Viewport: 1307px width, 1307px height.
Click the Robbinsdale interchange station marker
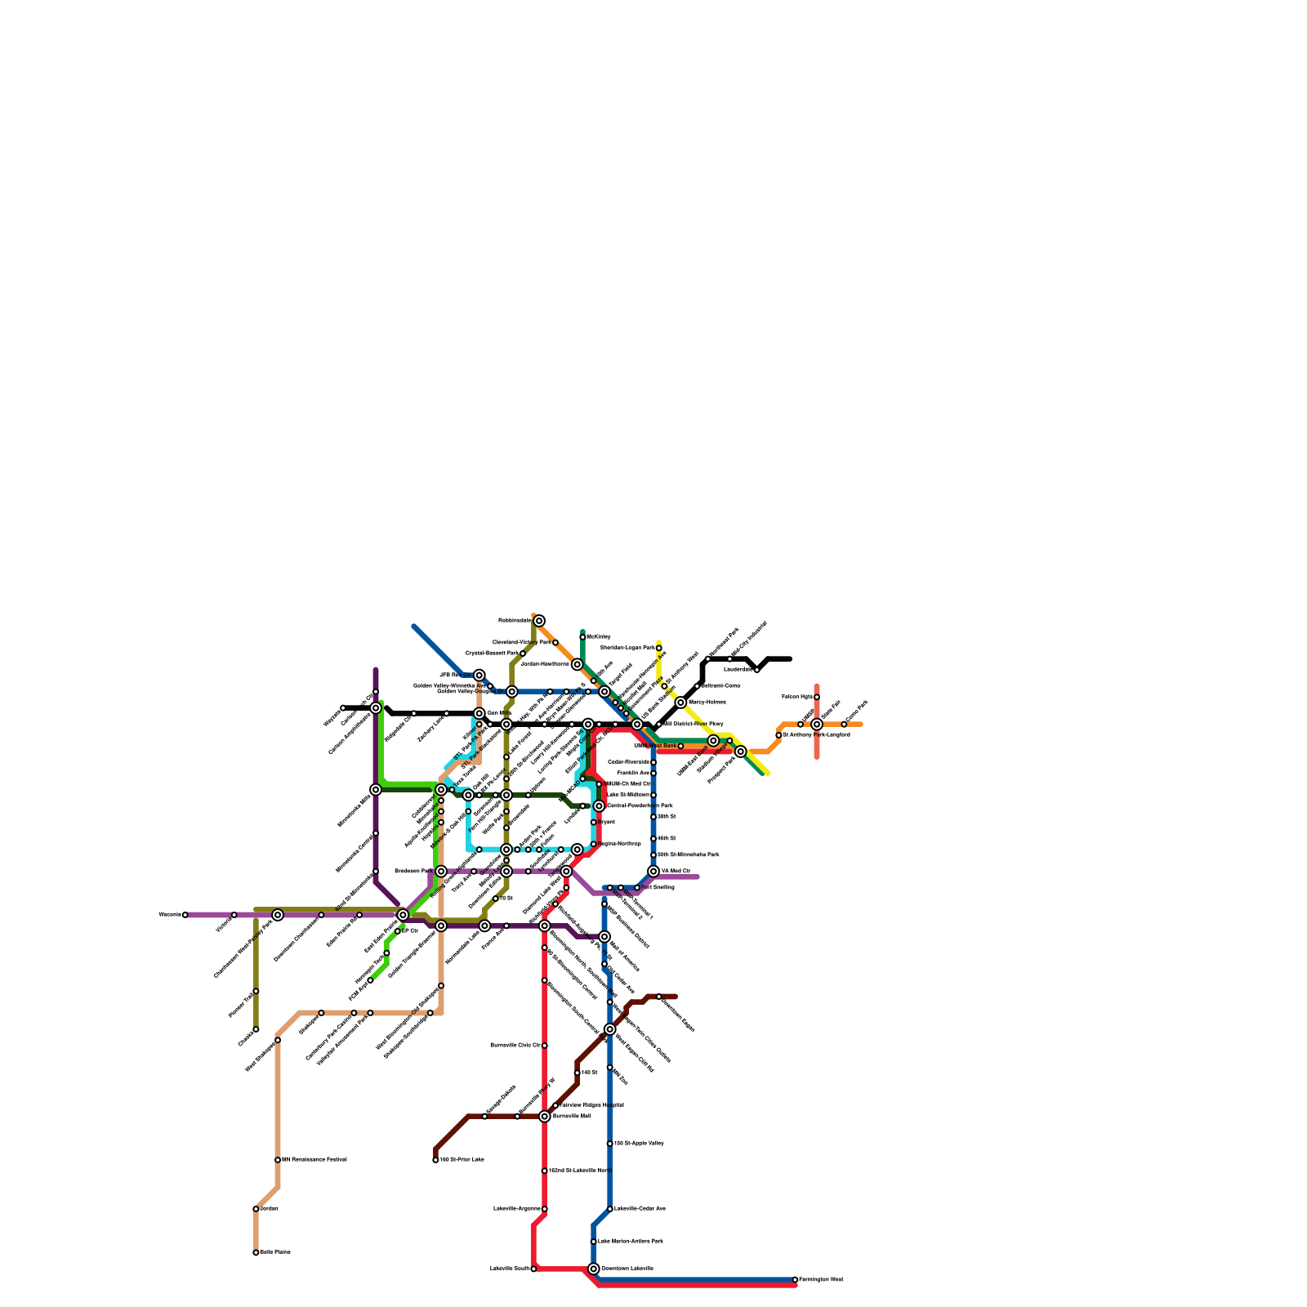[x=539, y=621]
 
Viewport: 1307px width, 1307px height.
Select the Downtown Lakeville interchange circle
[x=594, y=1269]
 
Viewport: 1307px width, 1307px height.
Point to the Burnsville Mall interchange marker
[x=545, y=1116]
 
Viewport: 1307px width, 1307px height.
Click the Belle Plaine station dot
[x=256, y=1252]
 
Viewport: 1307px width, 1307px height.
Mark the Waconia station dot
[x=185, y=915]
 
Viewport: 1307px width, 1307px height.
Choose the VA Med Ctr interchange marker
[x=653, y=872]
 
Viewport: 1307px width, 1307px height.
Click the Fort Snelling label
[x=658, y=887]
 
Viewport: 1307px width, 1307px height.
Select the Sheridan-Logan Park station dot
[x=659, y=648]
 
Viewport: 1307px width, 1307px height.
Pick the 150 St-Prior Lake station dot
[x=435, y=1160]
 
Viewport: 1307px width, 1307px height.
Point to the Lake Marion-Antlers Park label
[x=631, y=1242]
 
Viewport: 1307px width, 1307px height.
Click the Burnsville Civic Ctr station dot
[x=545, y=1046]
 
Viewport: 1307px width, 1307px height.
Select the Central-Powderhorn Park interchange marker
[x=599, y=806]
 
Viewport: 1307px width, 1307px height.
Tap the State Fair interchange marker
[x=817, y=725]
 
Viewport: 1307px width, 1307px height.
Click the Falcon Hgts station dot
[x=817, y=697]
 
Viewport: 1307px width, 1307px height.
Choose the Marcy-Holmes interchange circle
[x=680, y=703]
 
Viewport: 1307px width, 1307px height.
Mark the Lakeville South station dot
[x=533, y=1269]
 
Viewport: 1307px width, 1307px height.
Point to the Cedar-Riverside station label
[x=628, y=762]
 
